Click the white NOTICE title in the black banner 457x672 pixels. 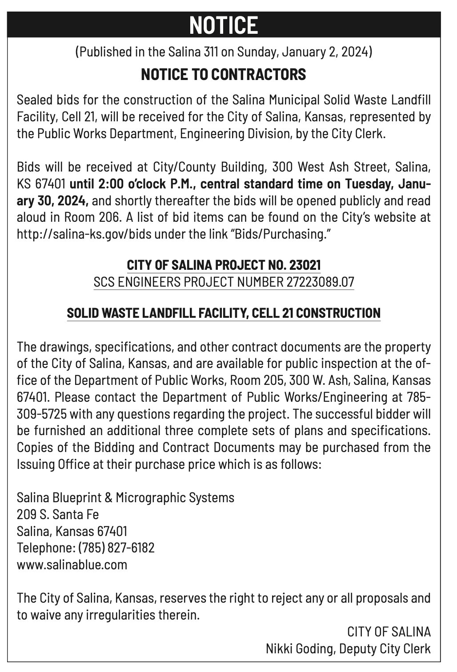coord(224,25)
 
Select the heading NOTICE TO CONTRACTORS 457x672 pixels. coord(224,74)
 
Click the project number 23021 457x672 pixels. coord(305,265)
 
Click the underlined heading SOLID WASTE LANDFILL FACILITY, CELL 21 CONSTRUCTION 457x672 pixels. coord(224,313)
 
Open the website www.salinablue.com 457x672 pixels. coord(72,564)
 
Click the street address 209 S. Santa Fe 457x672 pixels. coord(58,514)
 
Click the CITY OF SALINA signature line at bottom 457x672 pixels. coord(389,632)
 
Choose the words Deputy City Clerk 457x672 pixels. coord(385,648)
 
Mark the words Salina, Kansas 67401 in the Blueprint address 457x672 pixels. coord(72,531)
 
